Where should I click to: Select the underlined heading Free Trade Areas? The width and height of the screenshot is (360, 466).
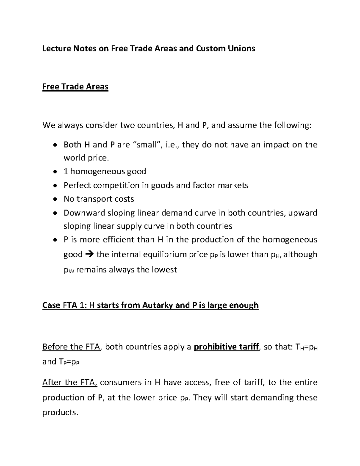coord(75,87)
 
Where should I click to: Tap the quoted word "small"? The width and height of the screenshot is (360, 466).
coord(146,145)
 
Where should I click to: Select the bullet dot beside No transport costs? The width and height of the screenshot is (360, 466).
coord(54,199)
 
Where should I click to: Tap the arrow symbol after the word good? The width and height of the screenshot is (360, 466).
coord(89,254)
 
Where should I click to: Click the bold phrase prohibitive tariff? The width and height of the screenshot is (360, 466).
coord(226,347)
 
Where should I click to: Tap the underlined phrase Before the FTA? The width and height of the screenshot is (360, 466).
coord(72,347)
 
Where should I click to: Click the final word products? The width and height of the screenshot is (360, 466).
coord(60,413)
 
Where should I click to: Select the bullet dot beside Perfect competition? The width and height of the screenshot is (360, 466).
coord(54,185)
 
